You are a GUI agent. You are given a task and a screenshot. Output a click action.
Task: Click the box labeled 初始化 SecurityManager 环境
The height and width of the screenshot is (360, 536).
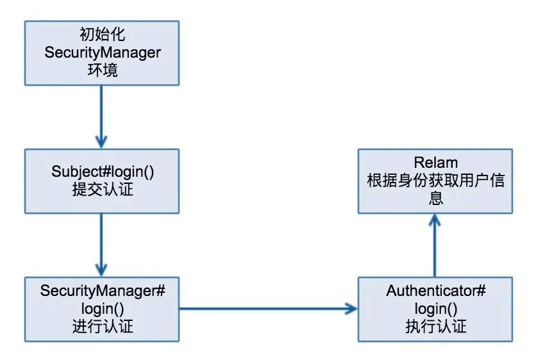(102, 53)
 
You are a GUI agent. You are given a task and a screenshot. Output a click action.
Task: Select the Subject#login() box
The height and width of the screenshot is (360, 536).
(102, 181)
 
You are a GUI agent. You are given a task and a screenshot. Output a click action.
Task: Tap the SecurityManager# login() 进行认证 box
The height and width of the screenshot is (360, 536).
(102, 309)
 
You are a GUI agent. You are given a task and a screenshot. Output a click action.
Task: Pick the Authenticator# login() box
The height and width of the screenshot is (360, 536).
(435, 309)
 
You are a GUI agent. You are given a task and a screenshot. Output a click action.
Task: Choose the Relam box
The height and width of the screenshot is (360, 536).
(435, 181)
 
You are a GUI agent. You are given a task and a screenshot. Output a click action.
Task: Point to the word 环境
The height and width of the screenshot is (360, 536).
(102, 70)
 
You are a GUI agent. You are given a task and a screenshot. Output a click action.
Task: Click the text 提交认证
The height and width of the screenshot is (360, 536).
(102, 190)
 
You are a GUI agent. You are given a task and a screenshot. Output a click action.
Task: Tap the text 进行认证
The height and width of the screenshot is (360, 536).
(103, 326)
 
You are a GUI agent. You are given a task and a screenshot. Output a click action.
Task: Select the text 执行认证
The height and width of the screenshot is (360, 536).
(436, 326)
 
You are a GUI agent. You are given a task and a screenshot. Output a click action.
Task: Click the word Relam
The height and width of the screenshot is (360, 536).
(435, 163)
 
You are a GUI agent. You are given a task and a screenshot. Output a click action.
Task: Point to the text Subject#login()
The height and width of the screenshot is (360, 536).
(102, 172)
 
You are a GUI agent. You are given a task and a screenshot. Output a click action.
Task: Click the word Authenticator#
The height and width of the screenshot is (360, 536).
(435, 291)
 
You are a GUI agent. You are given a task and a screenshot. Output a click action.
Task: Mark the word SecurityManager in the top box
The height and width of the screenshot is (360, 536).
(102, 52)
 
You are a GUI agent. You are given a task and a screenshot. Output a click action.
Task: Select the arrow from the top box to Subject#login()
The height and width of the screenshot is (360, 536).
(101, 115)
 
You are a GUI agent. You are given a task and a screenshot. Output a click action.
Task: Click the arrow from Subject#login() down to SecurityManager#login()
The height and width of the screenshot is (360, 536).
(101, 243)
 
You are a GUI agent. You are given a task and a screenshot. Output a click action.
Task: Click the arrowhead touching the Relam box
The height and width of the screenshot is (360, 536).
(435, 219)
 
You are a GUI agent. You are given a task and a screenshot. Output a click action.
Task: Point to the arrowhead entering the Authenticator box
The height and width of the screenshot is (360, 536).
(351, 309)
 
